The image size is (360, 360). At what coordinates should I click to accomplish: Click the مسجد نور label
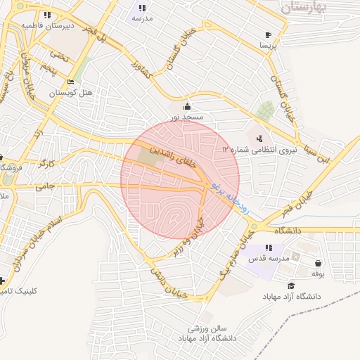tap(186, 117)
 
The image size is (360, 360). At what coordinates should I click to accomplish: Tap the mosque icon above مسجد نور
tap(186, 106)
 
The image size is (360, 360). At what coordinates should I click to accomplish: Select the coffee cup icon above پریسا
tap(268, 34)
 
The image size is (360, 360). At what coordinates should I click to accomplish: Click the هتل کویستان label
tap(71, 92)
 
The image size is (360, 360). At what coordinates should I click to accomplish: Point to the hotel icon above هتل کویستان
tap(72, 82)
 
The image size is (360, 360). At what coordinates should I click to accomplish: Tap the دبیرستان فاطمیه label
tap(47, 25)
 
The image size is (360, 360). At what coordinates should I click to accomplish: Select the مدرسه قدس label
tap(267, 259)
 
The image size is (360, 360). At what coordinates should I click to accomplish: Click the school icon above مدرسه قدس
tap(269, 248)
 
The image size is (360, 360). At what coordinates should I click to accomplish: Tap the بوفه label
tap(317, 273)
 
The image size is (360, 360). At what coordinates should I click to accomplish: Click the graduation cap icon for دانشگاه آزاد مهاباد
tap(291, 285)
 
